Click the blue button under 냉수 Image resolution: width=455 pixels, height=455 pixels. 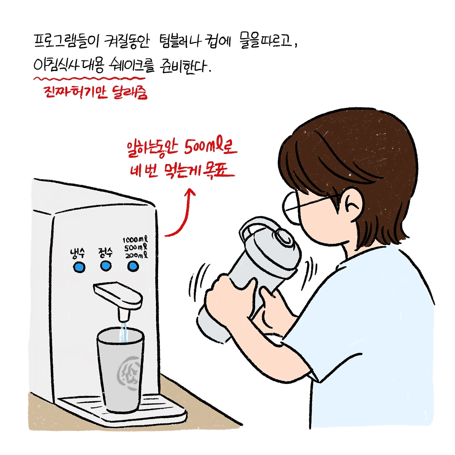[79, 267]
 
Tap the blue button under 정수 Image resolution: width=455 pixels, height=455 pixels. [106, 266]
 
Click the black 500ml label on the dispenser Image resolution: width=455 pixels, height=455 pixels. [136, 248]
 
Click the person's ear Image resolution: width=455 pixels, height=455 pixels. [350, 205]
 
